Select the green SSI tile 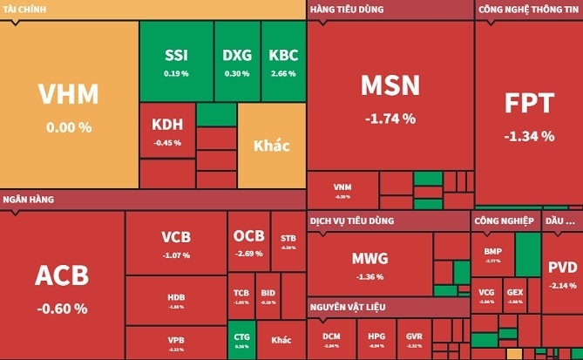[x=176, y=61]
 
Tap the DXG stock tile [x=236, y=61]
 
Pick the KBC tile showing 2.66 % [x=283, y=61]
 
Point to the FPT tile [x=529, y=113]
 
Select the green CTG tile [x=241, y=339]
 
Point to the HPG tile [x=376, y=339]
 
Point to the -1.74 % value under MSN [x=390, y=118]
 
